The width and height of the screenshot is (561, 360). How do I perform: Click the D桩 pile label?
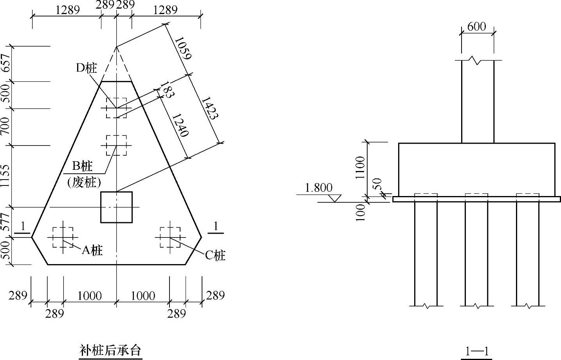click(x=86, y=68)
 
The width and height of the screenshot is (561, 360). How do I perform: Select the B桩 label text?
click(x=82, y=166)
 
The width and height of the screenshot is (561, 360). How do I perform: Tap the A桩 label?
click(x=92, y=250)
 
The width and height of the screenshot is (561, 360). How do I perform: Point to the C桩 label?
click(x=215, y=255)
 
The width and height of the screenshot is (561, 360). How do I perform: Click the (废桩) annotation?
click(x=84, y=182)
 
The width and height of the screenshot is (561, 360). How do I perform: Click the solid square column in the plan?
click(x=116, y=207)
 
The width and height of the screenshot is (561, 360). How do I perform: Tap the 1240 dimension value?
click(x=180, y=125)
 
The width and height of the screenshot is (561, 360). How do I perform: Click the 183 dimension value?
click(x=167, y=90)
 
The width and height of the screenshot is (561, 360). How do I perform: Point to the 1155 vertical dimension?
click(x=5, y=176)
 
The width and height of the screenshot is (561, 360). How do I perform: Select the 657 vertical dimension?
click(x=5, y=63)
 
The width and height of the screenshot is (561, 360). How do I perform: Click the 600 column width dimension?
click(x=476, y=27)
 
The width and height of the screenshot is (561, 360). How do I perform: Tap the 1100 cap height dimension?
click(x=360, y=167)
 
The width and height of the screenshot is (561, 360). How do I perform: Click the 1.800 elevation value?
click(x=319, y=188)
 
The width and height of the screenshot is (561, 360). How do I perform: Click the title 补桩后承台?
click(x=110, y=349)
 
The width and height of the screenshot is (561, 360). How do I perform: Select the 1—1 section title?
click(x=476, y=351)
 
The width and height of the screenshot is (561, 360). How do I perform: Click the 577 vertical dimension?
click(x=5, y=221)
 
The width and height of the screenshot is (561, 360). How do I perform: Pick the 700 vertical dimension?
click(x=5, y=126)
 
